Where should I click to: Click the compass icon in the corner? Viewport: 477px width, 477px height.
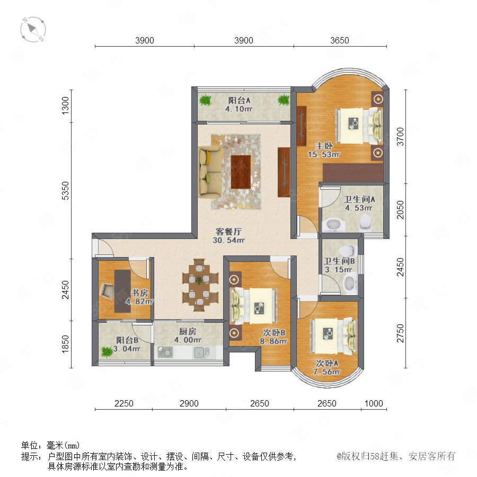click(x=33, y=30)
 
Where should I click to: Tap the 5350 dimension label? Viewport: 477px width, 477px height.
click(x=65, y=191)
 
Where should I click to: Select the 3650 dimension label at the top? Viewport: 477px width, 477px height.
click(x=340, y=40)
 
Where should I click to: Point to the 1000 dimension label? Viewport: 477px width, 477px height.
click(x=374, y=403)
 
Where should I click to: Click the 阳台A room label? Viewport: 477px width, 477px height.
click(x=239, y=100)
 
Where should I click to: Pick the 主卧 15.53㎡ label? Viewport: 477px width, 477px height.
click(x=324, y=150)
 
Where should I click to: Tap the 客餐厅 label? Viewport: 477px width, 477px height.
click(x=228, y=232)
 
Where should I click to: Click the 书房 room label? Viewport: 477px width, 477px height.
click(x=139, y=293)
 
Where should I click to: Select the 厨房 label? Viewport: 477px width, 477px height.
click(x=188, y=331)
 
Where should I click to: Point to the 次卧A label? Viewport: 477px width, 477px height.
click(x=327, y=363)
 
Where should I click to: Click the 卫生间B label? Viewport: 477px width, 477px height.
click(x=339, y=261)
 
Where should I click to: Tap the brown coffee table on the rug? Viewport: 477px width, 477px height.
click(x=241, y=172)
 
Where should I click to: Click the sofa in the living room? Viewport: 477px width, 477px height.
click(x=209, y=172)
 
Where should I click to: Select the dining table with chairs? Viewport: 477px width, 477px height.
click(x=200, y=285)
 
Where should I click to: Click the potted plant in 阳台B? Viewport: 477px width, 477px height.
click(x=107, y=352)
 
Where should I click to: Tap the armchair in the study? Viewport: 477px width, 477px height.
click(x=107, y=291)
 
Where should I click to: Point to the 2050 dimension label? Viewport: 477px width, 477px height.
click(x=400, y=209)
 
